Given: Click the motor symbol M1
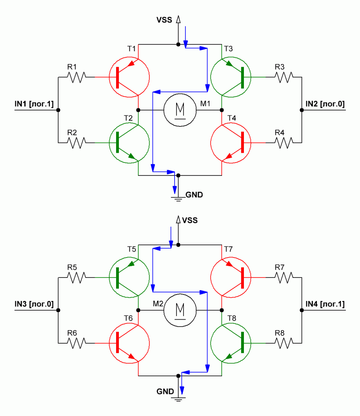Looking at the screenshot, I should point(180,110).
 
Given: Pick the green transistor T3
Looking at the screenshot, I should point(231,77).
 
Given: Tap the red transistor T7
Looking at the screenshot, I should point(231,277).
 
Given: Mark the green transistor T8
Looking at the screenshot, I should point(231,343).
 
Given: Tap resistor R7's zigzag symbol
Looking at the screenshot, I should point(283,277).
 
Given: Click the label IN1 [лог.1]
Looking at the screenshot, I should point(34,104).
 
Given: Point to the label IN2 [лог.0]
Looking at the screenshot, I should point(325,104).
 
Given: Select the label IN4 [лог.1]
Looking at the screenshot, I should point(325,304).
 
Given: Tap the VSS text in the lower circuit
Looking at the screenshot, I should point(190,221).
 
